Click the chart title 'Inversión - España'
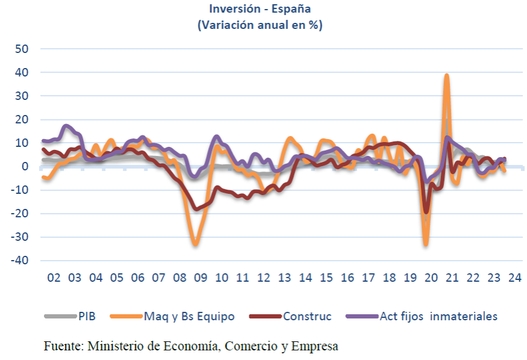tap(260, 9)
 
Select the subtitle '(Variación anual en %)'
tap(260, 25)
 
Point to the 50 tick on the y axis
tap(22, 49)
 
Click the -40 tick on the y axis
tap(19, 261)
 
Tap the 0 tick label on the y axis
tap(25, 167)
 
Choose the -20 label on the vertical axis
tap(19, 214)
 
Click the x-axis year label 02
tap(54, 279)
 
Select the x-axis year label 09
tap(200, 279)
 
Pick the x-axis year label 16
tap(347, 279)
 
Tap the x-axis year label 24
tap(514, 279)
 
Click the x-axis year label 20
tap(431, 279)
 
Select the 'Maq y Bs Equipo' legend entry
tap(189, 316)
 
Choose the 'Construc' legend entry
tap(307, 316)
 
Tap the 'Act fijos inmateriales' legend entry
tap(438, 316)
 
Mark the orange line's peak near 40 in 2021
tap(447, 75)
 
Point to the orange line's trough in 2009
tap(195, 244)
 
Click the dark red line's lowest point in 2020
tap(426, 211)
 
